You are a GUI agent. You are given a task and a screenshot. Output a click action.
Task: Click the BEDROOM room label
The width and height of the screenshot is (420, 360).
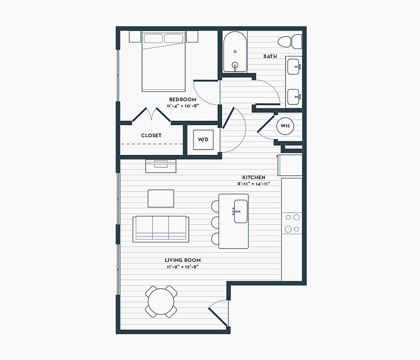coord(183,100)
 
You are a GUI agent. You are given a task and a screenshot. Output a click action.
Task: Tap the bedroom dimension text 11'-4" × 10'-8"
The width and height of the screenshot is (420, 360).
coord(183,106)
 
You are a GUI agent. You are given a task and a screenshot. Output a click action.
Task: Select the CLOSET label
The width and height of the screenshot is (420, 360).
coord(151,136)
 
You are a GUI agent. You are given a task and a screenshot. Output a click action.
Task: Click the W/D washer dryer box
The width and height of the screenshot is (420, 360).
coord(203,140)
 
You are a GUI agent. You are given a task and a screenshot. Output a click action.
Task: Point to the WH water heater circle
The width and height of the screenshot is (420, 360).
coord(285,126)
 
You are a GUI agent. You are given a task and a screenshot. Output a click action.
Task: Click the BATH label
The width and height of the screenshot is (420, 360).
coord(270,56)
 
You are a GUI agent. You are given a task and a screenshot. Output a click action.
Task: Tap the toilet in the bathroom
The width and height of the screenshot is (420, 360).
coord(290,42)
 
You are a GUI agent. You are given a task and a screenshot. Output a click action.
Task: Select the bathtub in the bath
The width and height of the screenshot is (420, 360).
coord(235,52)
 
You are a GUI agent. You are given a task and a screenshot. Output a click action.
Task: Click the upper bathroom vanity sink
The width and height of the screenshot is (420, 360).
coord(294,67)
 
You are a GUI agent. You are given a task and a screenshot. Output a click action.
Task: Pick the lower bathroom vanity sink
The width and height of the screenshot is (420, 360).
coord(294,97)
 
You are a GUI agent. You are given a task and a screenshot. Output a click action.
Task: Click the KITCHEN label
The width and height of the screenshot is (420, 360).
coord(254,177)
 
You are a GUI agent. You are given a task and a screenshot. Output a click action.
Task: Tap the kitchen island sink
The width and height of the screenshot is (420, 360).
coord(240,211)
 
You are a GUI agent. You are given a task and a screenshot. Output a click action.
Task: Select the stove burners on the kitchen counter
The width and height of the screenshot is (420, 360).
coord(292,223)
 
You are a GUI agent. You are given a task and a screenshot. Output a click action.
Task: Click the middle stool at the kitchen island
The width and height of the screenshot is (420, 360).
coord(215,222)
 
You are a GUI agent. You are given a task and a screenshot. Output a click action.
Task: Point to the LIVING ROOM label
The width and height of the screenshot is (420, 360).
coord(183,260)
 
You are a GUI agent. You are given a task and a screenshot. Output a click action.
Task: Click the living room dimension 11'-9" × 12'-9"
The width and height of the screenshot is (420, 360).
coord(183,267)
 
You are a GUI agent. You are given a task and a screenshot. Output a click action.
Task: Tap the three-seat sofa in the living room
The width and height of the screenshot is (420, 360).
coord(161,229)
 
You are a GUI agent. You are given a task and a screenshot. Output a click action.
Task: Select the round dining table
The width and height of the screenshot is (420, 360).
coord(161,302)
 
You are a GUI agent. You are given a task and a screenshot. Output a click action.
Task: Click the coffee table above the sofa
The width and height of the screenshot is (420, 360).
coord(161,198)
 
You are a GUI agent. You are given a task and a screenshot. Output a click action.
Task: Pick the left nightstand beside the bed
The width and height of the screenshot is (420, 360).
coord(135,36)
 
